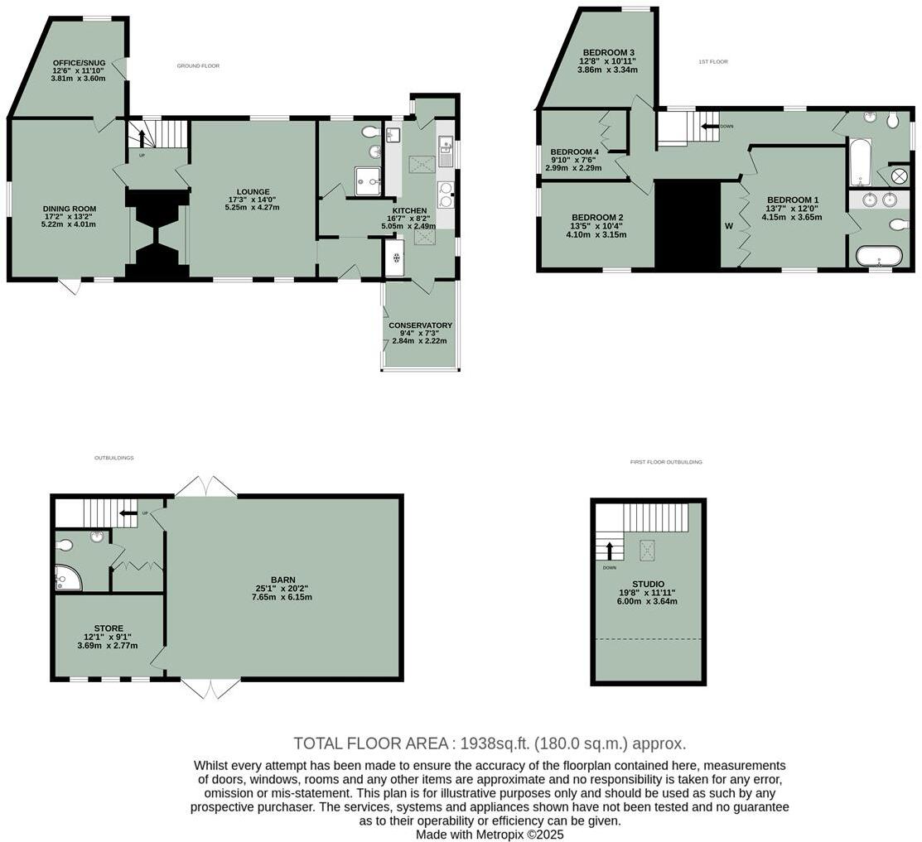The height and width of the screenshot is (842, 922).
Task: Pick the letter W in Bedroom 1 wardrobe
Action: pyautogui.click(x=729, y=225)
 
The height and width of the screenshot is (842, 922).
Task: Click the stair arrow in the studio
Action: pyautogui.click(x=610, y=551)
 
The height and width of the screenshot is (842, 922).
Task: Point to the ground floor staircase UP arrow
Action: pyautogui.click(x=141, y=137)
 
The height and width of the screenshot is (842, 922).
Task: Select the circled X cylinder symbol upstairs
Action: pyautogui.click(x=899, y=176)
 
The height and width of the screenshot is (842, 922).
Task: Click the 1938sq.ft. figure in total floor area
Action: pyautogui.click(x=495, y=743)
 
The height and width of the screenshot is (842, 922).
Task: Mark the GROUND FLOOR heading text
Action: pyautogui.click(x=198, y=65)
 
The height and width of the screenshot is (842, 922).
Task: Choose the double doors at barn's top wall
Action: pyautogui.click(x=205, y=487)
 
